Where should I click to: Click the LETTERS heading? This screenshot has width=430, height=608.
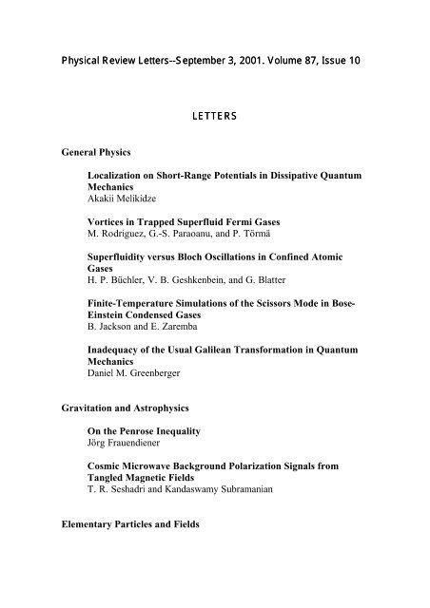pyautogui.click(x=214, y=116)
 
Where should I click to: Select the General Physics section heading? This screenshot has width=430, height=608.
pyautogui.click(x=94, y=151)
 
